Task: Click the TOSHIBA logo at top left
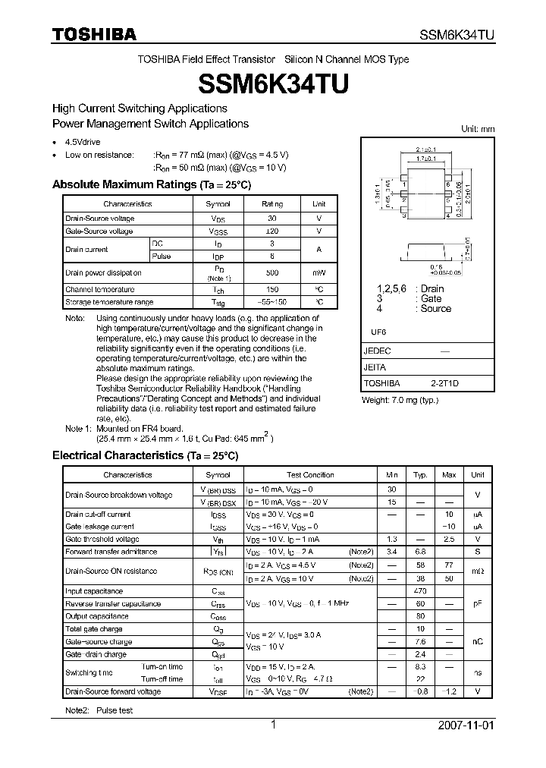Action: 93,34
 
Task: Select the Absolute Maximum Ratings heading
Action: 151,184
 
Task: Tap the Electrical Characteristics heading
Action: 145,455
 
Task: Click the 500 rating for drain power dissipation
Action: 271,272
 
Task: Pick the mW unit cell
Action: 318,272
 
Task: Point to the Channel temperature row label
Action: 99,289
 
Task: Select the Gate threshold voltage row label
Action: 102,539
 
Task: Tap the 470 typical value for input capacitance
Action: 420,591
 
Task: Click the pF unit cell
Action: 477,604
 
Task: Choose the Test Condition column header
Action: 310,475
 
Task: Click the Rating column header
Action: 271,204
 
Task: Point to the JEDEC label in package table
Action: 377,351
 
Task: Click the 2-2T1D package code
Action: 444,384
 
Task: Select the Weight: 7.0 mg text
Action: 400,400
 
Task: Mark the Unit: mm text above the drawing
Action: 478,129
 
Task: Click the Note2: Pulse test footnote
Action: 99,710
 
